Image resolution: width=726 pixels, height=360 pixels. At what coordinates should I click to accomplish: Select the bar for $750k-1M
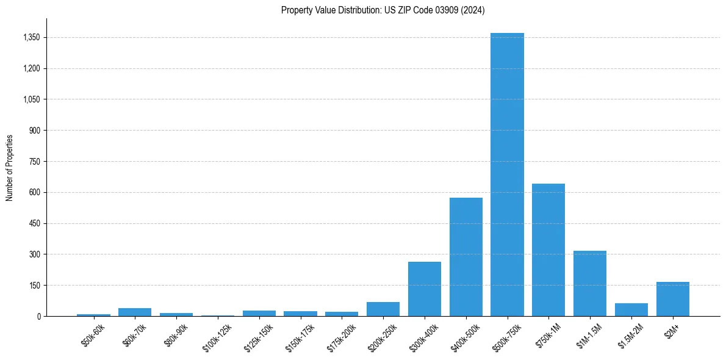(x=548, y=250)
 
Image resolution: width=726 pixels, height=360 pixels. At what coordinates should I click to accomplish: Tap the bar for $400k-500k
(x=466, y=257)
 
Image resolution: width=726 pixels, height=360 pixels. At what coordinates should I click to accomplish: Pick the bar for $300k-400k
(x=425, y=289)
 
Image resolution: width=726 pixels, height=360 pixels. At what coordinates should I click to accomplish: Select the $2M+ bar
(x=673, y=300)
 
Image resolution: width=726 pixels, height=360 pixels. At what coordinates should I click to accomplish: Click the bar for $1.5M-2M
(x=631, y=310)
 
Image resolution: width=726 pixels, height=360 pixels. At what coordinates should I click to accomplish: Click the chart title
(x=383, y=10)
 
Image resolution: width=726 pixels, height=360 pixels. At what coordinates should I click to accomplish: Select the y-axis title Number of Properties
(x=10, y=167)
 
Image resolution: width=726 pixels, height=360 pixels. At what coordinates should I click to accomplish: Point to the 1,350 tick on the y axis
(x=31, y=38)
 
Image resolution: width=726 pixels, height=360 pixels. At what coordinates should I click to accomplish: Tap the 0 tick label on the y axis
(x=38, y=317)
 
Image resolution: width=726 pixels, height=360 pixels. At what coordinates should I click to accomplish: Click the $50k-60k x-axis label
(x=93, y=334)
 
